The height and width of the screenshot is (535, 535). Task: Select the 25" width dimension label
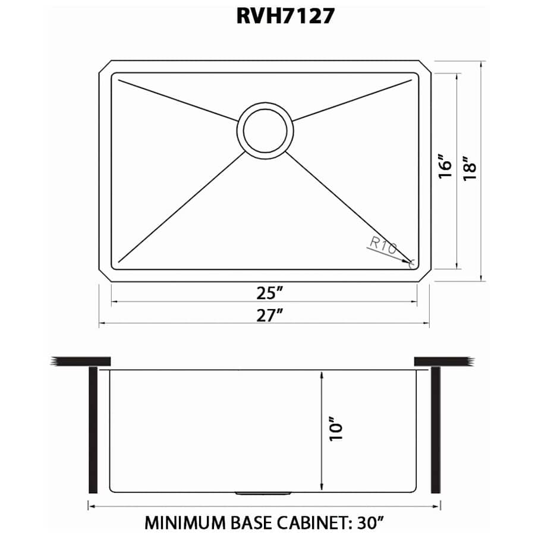tap(266, 292)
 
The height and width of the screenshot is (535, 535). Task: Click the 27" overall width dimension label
tap(266, 315)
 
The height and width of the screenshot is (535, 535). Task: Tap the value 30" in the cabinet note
tap(370, 523)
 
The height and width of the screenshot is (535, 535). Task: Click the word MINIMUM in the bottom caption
tap(182, 523)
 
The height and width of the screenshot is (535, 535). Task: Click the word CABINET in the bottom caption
tap(313, 523)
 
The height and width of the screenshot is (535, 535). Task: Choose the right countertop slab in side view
tap(443, 361)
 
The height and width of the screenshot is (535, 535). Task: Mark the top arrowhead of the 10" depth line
tap(322, 374)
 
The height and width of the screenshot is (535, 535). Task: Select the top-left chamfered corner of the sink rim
tap(103, 66)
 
